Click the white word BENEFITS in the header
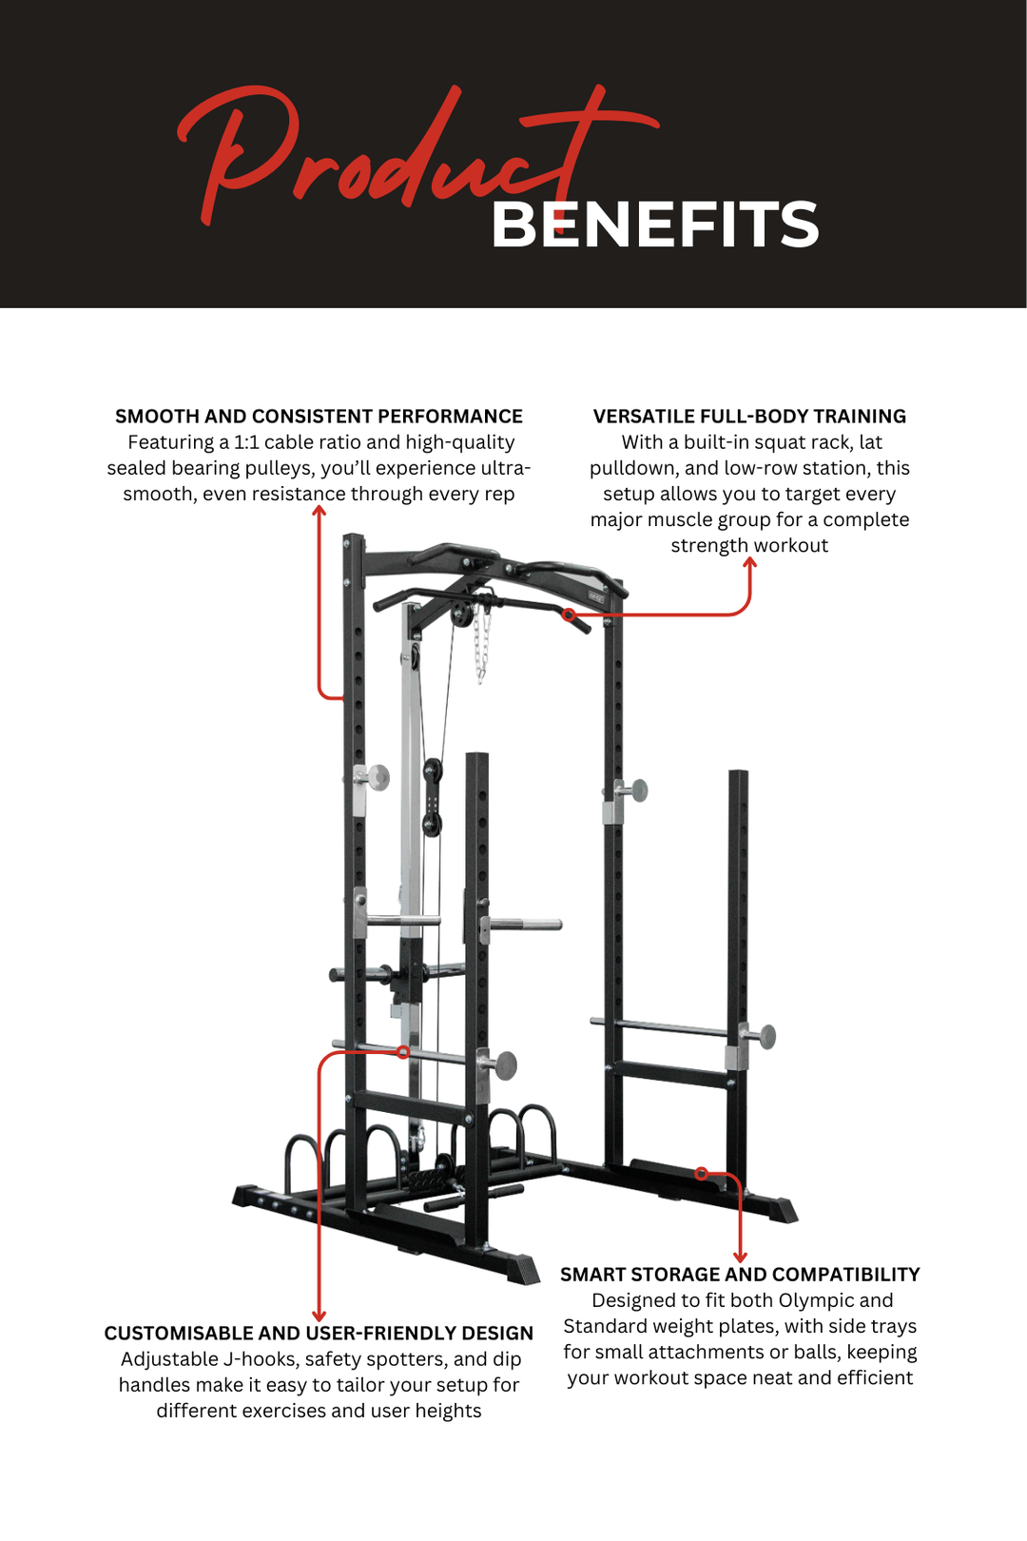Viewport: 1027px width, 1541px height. (654, 224)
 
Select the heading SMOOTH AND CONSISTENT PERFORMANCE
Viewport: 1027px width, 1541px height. (319, 417)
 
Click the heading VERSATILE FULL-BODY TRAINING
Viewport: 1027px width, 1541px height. (749, 417)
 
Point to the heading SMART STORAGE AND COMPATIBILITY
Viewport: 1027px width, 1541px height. (740, 1275)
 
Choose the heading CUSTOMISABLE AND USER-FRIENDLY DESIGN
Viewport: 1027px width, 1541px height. (319, 1334)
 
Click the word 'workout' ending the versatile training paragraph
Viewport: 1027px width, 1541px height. (790, 546)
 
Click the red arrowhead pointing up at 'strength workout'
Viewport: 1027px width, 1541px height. (749, 563)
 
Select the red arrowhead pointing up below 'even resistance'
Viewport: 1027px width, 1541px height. (320, 512)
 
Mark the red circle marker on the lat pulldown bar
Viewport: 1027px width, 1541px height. (569, 615)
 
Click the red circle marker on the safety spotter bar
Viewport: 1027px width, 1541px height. (403, 1052)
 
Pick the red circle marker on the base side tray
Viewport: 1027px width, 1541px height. (701, 1174)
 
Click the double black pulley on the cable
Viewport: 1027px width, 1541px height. (433, 797)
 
